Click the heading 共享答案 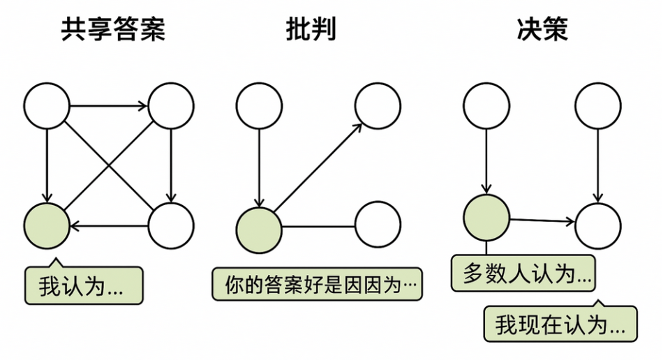113,30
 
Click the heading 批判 311,30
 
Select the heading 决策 542,30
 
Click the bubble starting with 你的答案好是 317,285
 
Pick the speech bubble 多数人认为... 523,273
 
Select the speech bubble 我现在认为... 560,324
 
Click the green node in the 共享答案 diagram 47,225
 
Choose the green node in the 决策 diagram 486,218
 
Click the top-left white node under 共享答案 47,106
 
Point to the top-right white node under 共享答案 171,106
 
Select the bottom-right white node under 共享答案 171,225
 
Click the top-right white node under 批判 378,106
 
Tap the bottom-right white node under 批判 378,225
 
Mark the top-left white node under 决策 486,106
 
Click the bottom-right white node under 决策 598,225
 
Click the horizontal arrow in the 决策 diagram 542,221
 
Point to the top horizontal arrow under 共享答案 109,106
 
